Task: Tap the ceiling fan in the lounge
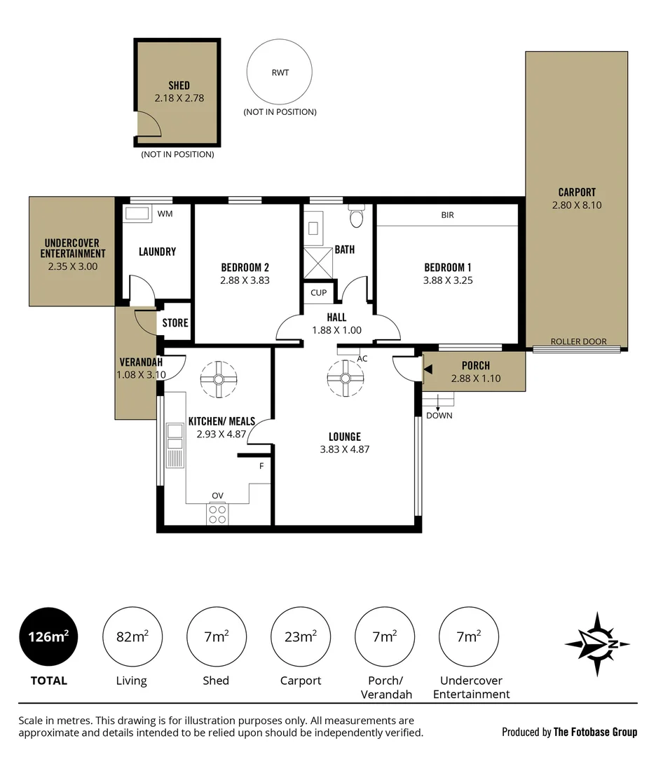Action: click(x=345, y=378)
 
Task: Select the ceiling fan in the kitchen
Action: click(x=219, y=379)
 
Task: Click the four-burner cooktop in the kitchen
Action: click(x=218, y=514)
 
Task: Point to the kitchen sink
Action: click(x=175, y=445)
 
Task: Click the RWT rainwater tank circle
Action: click(x=280, y=72)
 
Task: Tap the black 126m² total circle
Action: click(x=48, y=636)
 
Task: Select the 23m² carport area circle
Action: click(x=301, y=636)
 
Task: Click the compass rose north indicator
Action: click(x=598, y=644)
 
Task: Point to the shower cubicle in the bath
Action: click(x=317, y=263)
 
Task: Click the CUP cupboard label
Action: click(x=319, y=292)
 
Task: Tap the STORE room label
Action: click(x=175, y=323)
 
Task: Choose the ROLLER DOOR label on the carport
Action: click(x=578, y=341)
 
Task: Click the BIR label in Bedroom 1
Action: click(x=447, y=215)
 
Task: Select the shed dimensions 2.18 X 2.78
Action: click(x=179, y=98)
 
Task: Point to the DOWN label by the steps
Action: click(x=439, y=415)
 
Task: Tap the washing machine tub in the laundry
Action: click(x=137, y=213)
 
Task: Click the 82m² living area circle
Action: click(x=132, y=636)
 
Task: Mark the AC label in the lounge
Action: click(x=362, y=358)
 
